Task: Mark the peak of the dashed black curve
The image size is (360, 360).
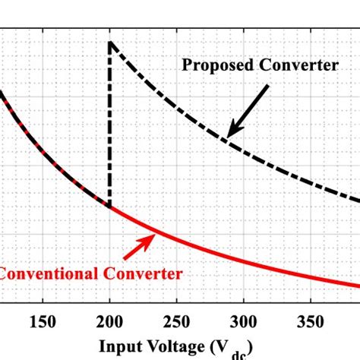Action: click(110, 42)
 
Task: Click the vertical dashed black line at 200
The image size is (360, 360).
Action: click(110, 122)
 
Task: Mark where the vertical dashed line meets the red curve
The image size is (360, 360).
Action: click(110, 207)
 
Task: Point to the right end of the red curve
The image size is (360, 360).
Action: click(357, 286)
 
